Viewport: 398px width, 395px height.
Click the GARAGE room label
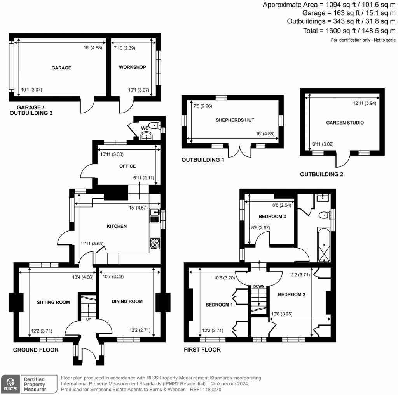pyautogui.click(x=61, y=68)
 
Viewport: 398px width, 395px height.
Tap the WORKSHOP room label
pyautogui.click(x=133, y=67)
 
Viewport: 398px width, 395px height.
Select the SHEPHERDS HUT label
pyautogui.click(x=232, y=120)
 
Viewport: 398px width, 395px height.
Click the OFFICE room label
pyautogui.click(x=127, y=166)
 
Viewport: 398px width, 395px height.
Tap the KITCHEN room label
pyautogui.click(x=117, y=226)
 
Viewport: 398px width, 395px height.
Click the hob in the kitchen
pyautogui.click(x=154, y=243)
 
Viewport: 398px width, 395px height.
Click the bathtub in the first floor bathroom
pyautogui.click(x=324, y=246)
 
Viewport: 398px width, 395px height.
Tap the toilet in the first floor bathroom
pyautogui.click(x=323, y=215)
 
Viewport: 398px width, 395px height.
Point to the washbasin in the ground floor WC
pyautogui.click(x=147, y=135)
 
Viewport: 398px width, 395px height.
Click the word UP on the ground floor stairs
pyautogui.click(x=89, y=319)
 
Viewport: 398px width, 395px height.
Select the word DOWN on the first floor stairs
pyautogui.click(x=259, y=286)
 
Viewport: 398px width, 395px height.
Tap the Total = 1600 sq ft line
pyautogui.click(x=349, y=31)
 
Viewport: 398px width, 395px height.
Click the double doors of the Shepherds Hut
pyautogui.click(x=237, y=151)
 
